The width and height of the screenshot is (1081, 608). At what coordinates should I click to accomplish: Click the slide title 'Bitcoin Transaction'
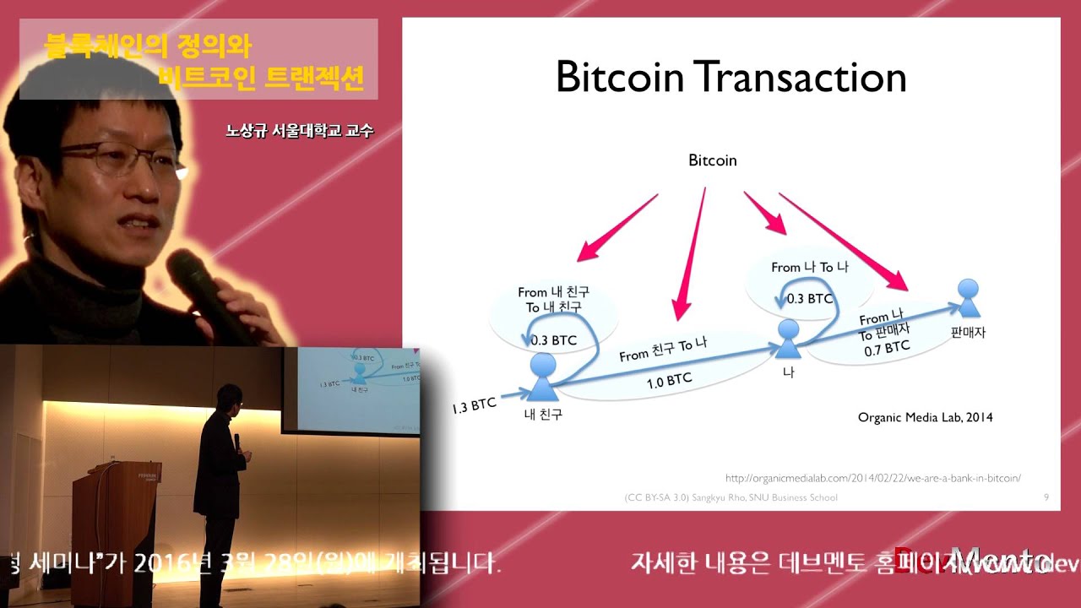point(731,78)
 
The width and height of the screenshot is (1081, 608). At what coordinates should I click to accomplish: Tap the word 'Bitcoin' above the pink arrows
point(712,160)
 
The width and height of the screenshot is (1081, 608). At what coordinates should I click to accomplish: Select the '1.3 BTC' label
point(474,406)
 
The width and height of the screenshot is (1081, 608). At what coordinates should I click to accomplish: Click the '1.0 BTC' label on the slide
point(669,382)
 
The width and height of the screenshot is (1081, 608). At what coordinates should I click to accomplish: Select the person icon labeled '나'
point(788,339)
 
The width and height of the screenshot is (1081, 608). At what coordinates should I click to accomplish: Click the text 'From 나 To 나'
point(809,267)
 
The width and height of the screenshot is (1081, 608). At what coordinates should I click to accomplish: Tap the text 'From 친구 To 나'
point(662,350)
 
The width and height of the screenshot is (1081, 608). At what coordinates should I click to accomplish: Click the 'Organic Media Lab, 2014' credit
point(925,417)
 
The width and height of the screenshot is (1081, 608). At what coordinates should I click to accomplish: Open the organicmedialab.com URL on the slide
point(873,478)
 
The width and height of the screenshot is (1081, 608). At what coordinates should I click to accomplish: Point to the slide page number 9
point(1046,497)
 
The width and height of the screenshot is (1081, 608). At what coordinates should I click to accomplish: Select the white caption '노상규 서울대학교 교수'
point(299,131)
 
